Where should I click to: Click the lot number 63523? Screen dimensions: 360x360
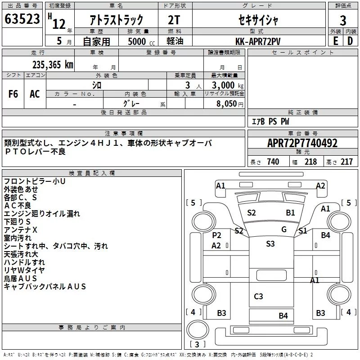[x=22, y=19]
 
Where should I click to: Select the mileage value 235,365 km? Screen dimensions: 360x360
[x=53, y=65]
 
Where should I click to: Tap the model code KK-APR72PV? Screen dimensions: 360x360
[x=258, y=41]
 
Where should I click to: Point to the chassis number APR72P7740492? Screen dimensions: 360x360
[x=302, y=143]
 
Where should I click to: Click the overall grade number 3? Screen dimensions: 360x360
[x=343, y=21]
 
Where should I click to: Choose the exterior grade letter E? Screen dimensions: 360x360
[x=336, y=41]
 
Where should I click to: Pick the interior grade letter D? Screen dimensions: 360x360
[x=350, y=41]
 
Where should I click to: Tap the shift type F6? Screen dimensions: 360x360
[x=13, y=94]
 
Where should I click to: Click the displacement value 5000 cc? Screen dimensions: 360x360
[x=141, y=41]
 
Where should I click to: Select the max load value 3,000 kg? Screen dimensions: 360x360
[x=228, y=85]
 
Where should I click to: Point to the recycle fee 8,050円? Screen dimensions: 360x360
[x=230, y=104]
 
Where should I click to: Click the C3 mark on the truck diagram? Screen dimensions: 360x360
[x=258, y=297]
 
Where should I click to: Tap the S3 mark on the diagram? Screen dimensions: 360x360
[x=270, y=243]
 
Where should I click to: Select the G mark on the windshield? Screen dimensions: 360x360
[x=284, y=229]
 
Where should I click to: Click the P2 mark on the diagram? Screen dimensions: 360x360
[x=216, y=235]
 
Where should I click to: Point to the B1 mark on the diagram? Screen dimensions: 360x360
[x=290, y=213]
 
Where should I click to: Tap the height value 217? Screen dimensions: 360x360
[x=346, y=162]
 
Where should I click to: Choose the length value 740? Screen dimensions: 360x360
[x=273, y=162]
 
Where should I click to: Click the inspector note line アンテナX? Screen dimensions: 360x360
[x=20, y=230]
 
